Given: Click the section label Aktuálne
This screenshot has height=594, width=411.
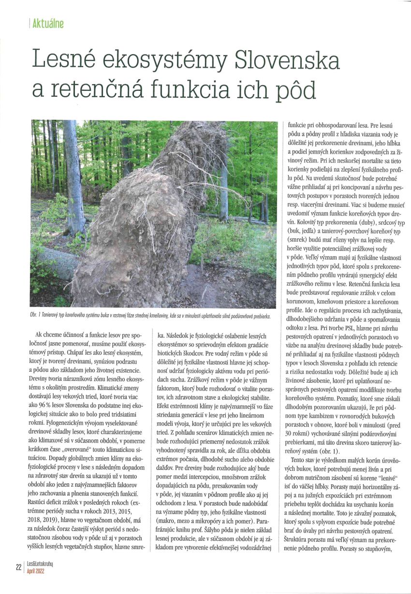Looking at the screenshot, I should (x=47, y=23).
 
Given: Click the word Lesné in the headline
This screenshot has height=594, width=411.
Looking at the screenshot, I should (x=66, y=60).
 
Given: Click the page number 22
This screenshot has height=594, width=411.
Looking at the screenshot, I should (x=18, y=567).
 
